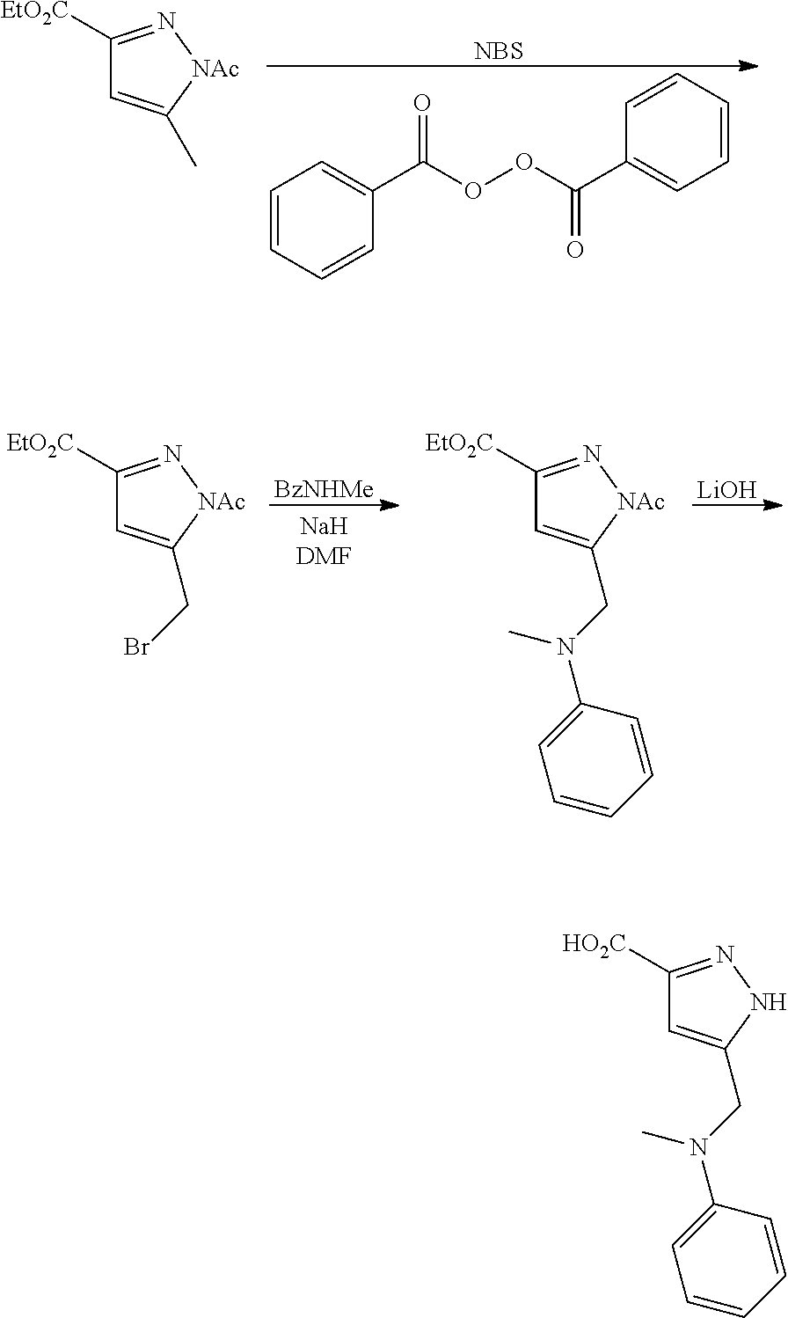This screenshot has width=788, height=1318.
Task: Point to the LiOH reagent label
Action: tap(726, 490)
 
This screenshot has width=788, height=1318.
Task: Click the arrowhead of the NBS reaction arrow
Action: tap(748, 66)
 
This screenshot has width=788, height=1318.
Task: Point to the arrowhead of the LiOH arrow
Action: tap(775, 505)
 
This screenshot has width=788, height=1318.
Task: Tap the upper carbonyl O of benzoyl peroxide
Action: tap(423, 106)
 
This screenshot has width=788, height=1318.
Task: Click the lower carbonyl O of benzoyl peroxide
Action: tap(574, 250)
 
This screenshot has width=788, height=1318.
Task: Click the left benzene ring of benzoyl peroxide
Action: tap(325, 222)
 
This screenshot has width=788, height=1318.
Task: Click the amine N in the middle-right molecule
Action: tap(566, 648)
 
